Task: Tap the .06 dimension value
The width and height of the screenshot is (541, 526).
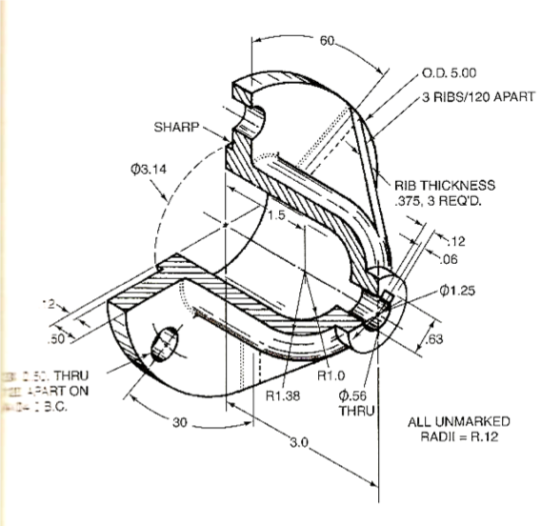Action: pyautogui.click(x=452, y=259)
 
